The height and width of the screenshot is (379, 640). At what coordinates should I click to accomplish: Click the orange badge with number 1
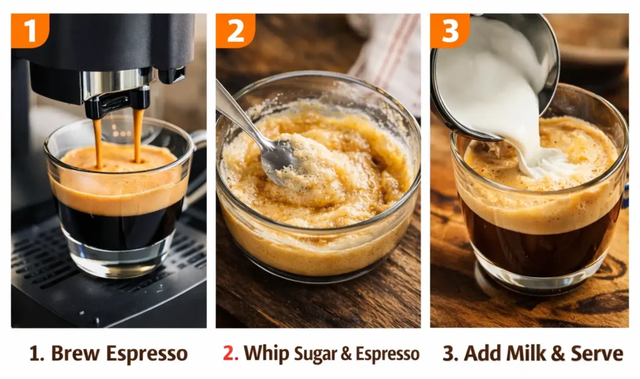tap(29, 30)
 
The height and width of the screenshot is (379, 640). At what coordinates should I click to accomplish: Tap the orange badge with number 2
tap(235, 30)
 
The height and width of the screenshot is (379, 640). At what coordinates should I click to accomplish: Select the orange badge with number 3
tap(449, 30)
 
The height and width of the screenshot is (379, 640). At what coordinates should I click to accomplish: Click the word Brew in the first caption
tap(76, 353)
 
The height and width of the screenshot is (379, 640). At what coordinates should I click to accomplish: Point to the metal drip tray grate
tap(44, 263)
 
